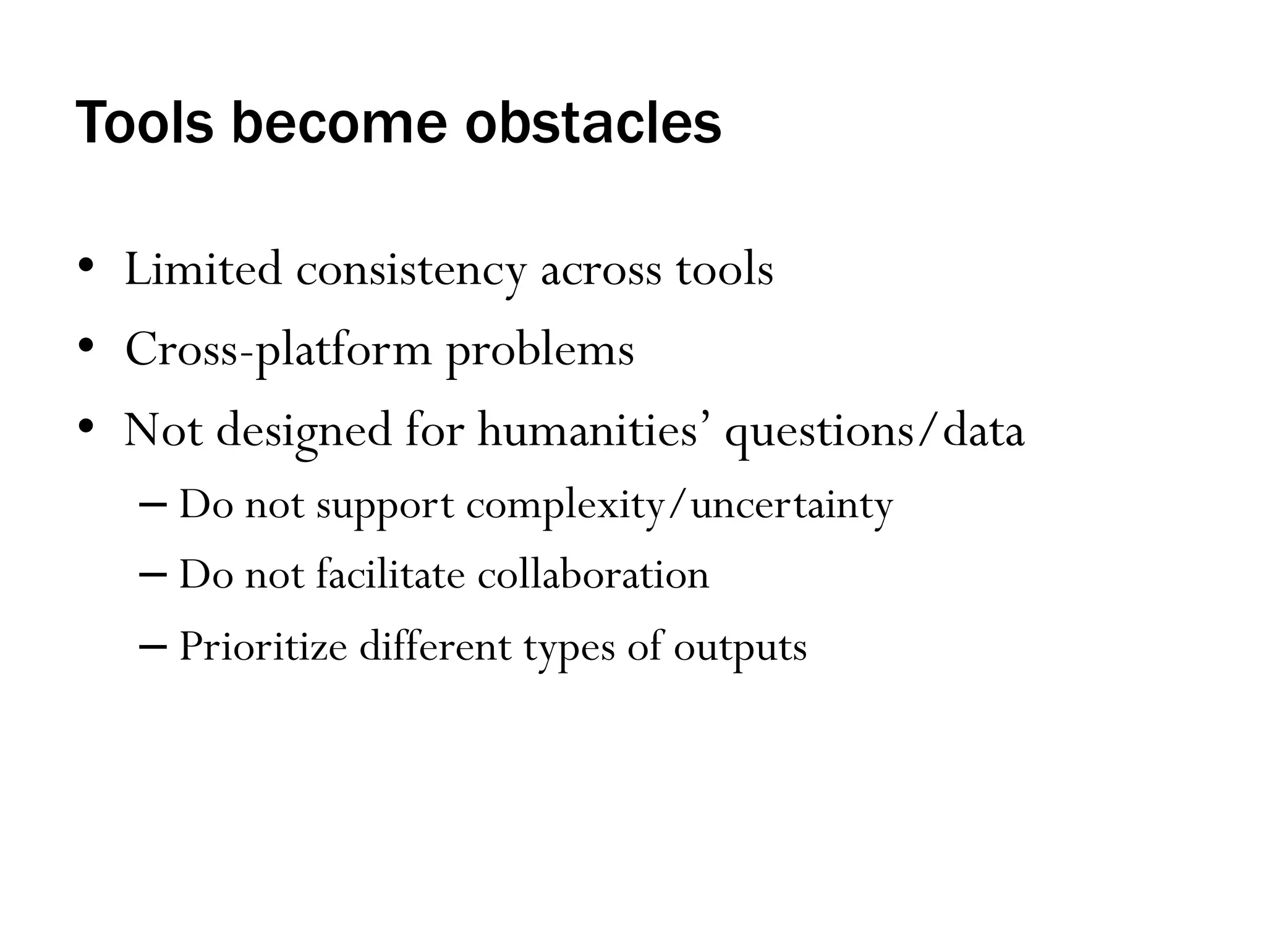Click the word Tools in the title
(144, 123)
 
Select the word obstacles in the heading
(593, 123)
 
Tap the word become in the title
(339, 123)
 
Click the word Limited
(203, 269)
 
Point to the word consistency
(411, 272)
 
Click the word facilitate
(390, 575)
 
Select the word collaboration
(593, 575)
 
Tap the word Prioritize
(263, 647)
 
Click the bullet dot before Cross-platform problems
(86, 345)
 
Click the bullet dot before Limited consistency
(86, 264)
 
